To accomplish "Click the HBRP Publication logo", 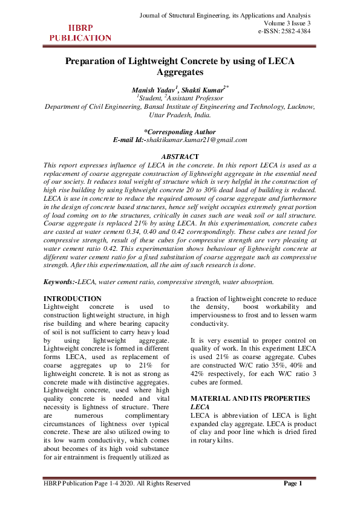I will (x=80, y=33).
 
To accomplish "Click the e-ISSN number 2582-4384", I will (x=285, y=31).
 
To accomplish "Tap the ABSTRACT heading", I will (x=180, y=157).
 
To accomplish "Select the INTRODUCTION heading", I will (x=73, y=299).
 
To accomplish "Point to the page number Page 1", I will (x=293, y=483).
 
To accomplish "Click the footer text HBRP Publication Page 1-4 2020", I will (x=117, y=483).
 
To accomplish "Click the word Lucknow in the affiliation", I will (x=298, y=106).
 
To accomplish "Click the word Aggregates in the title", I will (x=180, y=72).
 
